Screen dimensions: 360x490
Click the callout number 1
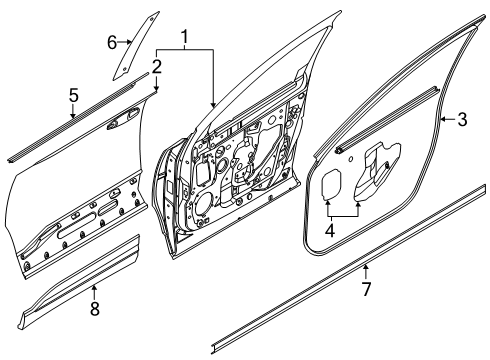pyautogui.click(x=184, y=37)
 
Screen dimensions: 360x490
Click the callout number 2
pyautogui.click(x=157, y=66)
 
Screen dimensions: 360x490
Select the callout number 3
pyautogui.click(x=462, y=121)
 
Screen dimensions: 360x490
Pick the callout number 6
pyautogui.click(x=113, y=41)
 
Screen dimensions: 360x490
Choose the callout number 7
pyautogui.click(x=367, y=289)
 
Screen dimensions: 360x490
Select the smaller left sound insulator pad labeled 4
pyautogui.click(x=333, y=185)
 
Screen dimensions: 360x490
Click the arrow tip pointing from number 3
pyautogui.click(x=443, y=121)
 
